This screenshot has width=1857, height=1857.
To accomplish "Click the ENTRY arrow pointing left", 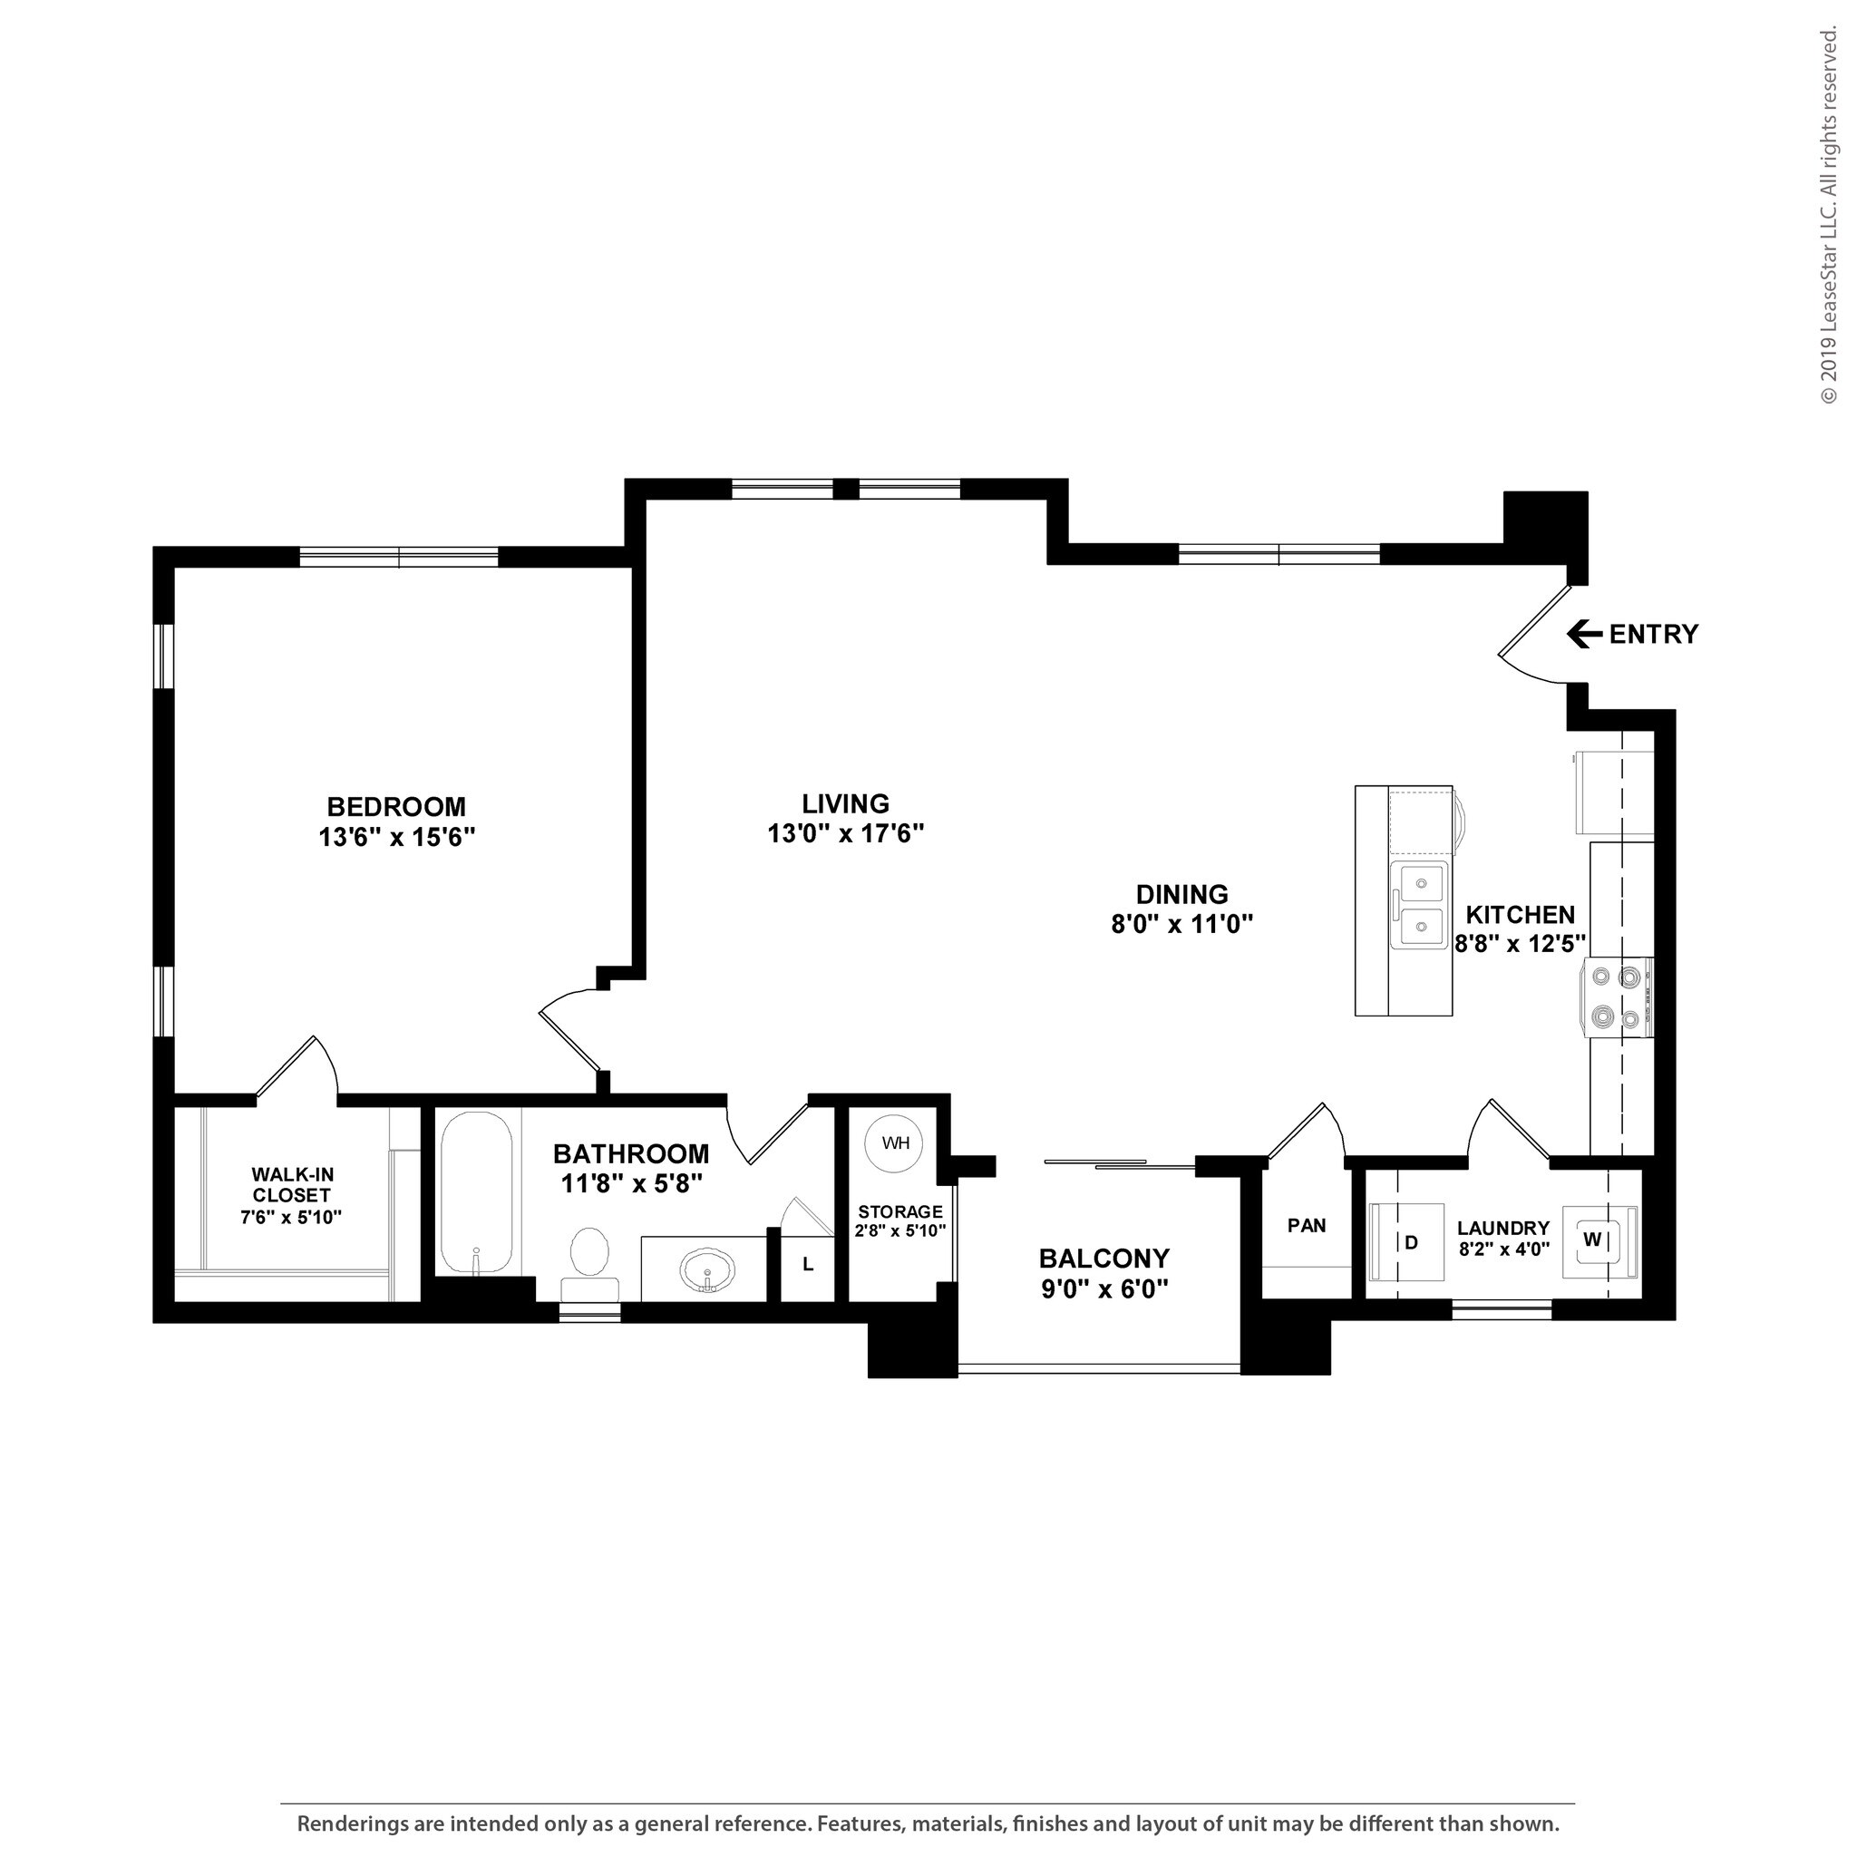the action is pos(1584,635).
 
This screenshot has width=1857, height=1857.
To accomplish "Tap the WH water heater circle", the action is pos(895,1143).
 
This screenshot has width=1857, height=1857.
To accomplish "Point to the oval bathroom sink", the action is pos(708,1270).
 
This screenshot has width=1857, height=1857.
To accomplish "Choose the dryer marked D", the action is pos(1407,1241).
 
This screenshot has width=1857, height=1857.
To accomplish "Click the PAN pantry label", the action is pos(1307,1226).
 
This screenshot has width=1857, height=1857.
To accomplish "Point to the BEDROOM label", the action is pos(396,805).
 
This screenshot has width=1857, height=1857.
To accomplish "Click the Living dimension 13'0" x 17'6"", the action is pos(846,833).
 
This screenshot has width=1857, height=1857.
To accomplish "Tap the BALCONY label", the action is pos(1104,1259).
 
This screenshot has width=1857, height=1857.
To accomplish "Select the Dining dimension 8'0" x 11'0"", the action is pos(1182,925).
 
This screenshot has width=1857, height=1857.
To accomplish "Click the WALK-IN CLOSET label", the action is pos(291,1184).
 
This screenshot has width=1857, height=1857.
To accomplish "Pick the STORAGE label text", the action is pos(900,1212).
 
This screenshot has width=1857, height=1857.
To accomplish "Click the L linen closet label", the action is pos(808,1265).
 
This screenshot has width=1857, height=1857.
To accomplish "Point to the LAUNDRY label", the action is pos(1503,1229).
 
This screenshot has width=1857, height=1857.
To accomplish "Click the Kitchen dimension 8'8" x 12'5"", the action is pos(1520,944).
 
